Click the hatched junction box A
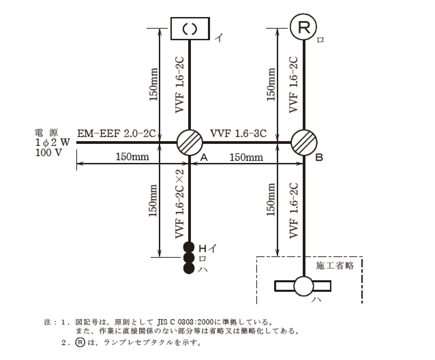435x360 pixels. tap(190, 142)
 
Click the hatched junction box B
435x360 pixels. tap(304, 142)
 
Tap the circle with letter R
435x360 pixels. tap(303, 27)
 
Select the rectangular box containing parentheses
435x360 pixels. tap(190, 29)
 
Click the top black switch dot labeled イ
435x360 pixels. tap(189, 246)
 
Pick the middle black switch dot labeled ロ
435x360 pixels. tap(189, 257)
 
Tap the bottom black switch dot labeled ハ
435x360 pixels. tap(189, 268)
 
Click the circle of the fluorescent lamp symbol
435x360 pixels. tap(303, 286)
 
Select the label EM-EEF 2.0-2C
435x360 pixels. tap(117, 133)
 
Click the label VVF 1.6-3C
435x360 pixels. tap(238, 133)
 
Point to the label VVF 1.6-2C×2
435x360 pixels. tap(180, 203)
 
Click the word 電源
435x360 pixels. tap(47, 132)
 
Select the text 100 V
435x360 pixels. tap(49, 152)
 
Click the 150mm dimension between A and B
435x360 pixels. tap(246, 157)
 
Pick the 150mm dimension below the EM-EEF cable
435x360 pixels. tap(132, 157)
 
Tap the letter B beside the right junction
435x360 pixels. tap(319, 157)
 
